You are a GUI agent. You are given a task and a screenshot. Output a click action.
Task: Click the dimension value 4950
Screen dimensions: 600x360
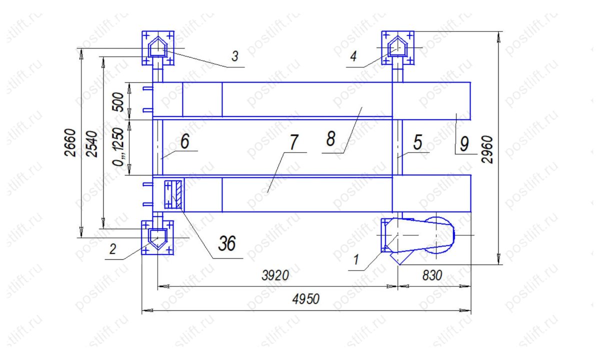[x=305, y=299]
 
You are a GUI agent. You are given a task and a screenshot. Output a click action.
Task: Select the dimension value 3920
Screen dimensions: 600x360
[x=275, y=275]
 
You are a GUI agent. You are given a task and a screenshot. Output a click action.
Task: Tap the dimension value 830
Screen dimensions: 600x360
[x=432, y=275]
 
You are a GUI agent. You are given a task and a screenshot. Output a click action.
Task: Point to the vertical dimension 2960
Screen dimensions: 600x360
[x=487, y=149]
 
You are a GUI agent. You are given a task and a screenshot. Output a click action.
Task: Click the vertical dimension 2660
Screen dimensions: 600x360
[x=70, y=142]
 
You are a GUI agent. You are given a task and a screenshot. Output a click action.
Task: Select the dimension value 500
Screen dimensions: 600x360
[x=118, y=102]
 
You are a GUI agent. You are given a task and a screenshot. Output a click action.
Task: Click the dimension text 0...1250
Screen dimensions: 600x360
[x=118, y=147]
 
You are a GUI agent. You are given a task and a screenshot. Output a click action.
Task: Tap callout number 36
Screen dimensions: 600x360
[x=227, y=243]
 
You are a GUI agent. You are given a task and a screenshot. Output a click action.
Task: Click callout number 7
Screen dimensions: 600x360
[x=294, y=142]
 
